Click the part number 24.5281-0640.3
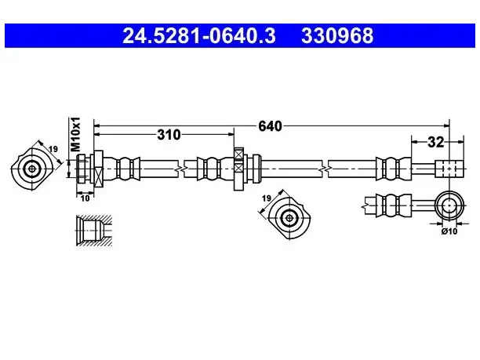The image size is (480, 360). point(199,35)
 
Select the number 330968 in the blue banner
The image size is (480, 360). point(337,35)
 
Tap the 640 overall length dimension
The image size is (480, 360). point(270,125)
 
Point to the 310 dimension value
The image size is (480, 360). point(169,134)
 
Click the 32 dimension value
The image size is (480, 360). point(435,142)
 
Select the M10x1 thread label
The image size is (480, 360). point(75,134)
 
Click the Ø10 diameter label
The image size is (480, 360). point(449,231)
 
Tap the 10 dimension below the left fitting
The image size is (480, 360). point(85,198)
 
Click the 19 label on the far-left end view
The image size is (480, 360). point(53,149)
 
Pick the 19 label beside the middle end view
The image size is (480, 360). point(267,198)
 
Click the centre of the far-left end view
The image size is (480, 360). point(32,169)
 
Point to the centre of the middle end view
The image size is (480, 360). point(289,218)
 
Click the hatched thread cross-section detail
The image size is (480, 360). point(94,231)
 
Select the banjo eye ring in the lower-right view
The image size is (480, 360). point(449,205)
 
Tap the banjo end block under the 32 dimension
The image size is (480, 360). point(449,169)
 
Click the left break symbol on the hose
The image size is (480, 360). point(181,169)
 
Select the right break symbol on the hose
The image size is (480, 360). point(325,169)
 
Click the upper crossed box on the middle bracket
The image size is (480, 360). point(238,154)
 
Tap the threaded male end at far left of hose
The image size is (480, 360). point(82,169)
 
